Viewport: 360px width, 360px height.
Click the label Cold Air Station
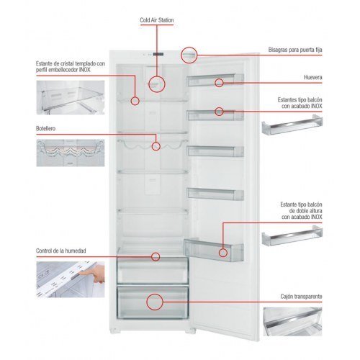157,20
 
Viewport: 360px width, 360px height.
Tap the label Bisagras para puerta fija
295,50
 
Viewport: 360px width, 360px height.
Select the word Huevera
313,77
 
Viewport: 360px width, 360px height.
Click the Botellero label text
45,129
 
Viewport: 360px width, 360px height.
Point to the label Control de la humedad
61,251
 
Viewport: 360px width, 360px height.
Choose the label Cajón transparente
301,297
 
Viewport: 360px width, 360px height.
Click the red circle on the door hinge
189,55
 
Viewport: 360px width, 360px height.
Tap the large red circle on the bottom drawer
155,302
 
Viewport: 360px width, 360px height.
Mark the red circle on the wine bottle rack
156,146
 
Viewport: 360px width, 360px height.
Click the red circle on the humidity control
156,256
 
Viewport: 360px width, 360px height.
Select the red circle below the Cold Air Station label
157,84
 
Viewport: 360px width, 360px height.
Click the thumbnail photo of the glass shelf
71,97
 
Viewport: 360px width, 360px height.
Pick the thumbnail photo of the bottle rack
71,153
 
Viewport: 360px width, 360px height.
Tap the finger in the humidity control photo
92,274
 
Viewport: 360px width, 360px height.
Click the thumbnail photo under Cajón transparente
292,322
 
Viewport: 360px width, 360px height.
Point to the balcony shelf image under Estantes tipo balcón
292,125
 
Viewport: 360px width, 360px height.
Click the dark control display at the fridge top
158,54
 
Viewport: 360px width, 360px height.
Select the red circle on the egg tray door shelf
219,83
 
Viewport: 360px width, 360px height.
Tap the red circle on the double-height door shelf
223,253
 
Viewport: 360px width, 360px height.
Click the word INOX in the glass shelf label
85,70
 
